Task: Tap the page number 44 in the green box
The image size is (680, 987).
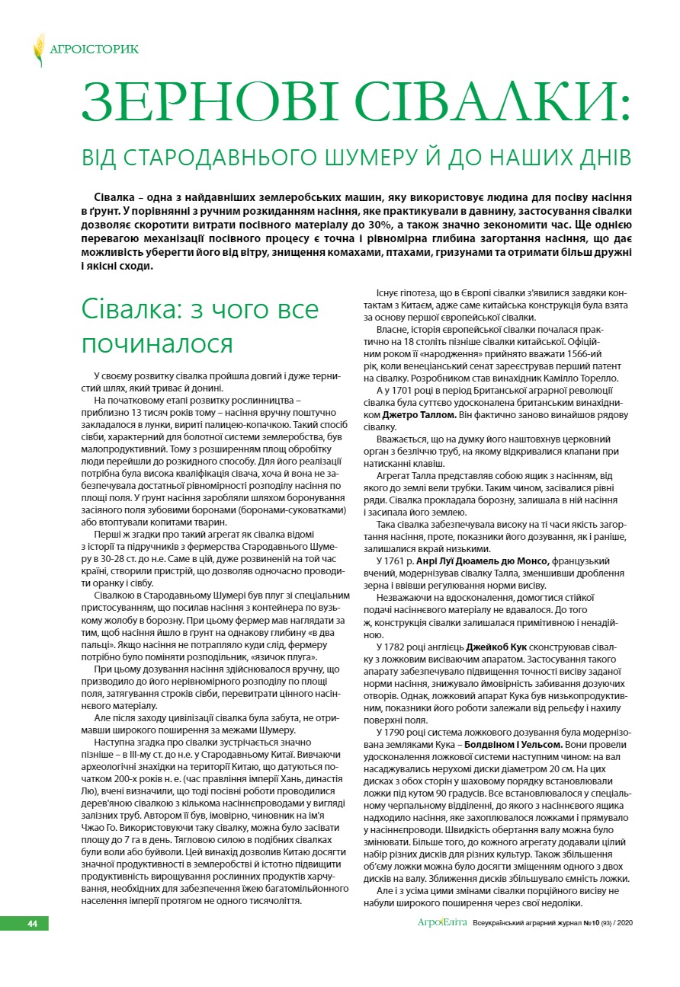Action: click(x=33, y=923)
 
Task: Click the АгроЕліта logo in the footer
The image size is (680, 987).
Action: click(x=442, y=923)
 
